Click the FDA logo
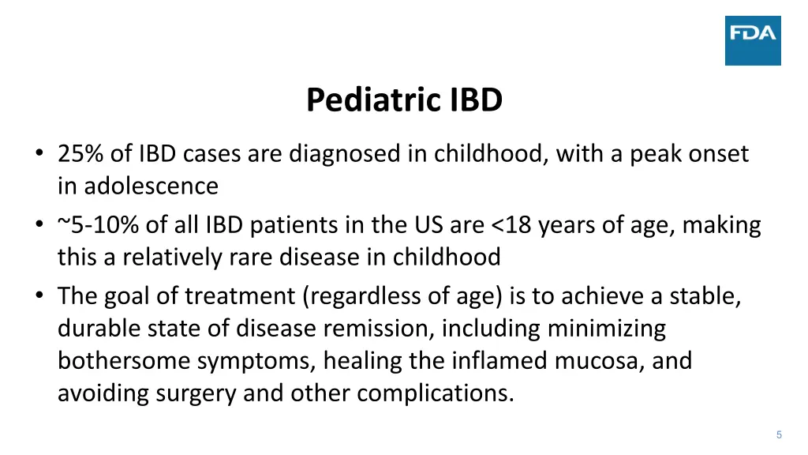pyautogui.click(x=753, y=40)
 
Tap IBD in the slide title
pyautogui.click(x=477, y=101)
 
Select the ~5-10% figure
pyautogui.click(x=99, y=226)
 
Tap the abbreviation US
pyautogui.click(x=431, y=226)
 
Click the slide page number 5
pyautogui.click(x=779, y=434)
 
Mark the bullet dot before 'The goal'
pyautogui.click(x=39, y=297)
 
